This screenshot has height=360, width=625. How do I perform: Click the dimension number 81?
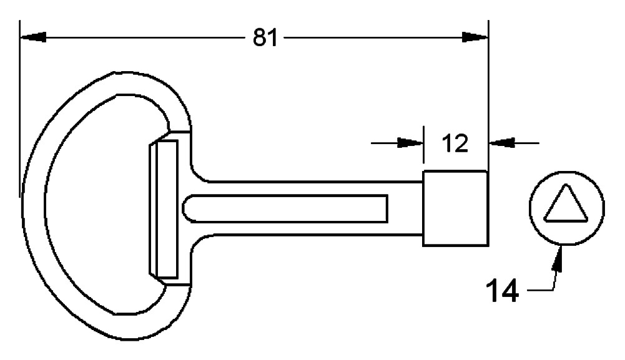(265, 38)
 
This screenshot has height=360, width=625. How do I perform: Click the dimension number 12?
(455, 144)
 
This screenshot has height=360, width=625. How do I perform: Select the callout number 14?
(502, 291)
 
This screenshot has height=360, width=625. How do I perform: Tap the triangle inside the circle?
(566, 204)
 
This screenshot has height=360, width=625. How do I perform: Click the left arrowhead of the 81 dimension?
(33, 37)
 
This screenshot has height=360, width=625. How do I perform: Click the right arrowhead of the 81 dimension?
(475, 37)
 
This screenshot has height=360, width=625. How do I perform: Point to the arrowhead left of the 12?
(410, 143)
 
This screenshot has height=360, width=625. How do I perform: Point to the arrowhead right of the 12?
(502, 142)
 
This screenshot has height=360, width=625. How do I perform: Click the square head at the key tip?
(455, 208)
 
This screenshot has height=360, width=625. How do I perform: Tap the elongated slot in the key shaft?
(285, 208)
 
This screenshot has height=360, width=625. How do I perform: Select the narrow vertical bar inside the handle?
(167, 209)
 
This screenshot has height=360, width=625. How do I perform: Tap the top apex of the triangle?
(565, 185)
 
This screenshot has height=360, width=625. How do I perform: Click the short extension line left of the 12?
(424, 145)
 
